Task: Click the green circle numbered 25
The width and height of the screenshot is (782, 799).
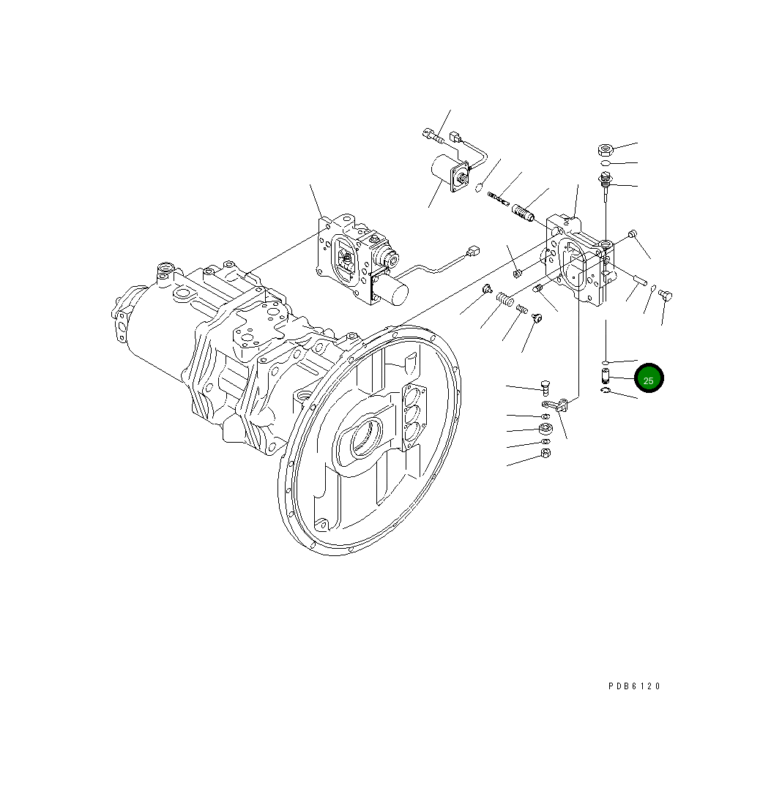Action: pos(648,380)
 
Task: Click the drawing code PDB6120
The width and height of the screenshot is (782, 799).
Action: pos(634,686)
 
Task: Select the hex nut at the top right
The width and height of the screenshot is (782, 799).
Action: pos(604,150)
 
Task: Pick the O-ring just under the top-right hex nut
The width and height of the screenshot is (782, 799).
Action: pos(604,163)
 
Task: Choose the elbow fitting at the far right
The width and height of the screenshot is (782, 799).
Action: pos(666,295)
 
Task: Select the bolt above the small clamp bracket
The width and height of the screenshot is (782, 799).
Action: pos(545,387)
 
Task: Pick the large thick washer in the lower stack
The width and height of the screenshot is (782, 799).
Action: pos(545,429)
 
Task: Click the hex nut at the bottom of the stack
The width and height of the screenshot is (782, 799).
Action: pos(545,454)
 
